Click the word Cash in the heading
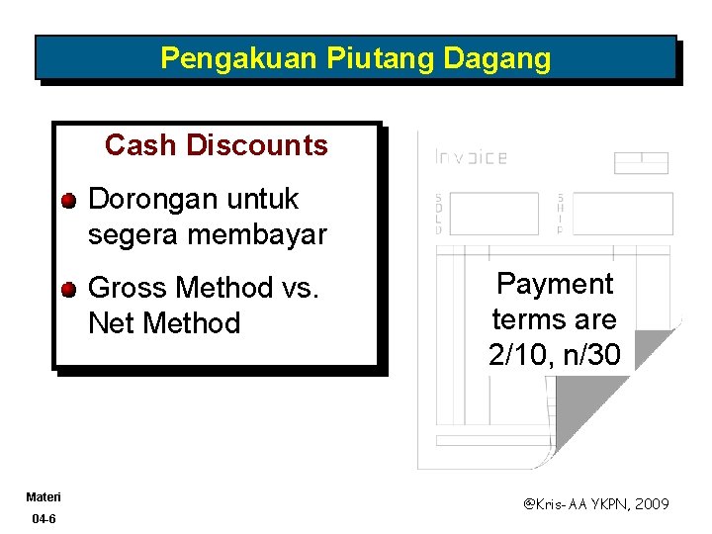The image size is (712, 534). [139, 145]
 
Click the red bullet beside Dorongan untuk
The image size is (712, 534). [66, 201]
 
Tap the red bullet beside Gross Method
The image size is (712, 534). [66, 290]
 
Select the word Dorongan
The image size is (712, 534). [147, 200]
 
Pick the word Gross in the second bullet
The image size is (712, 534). [127, 288]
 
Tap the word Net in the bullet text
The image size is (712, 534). [111, 323]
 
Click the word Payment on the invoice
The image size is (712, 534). [555, 285]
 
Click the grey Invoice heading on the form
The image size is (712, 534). [471, 157]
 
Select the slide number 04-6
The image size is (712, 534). [44, 519]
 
